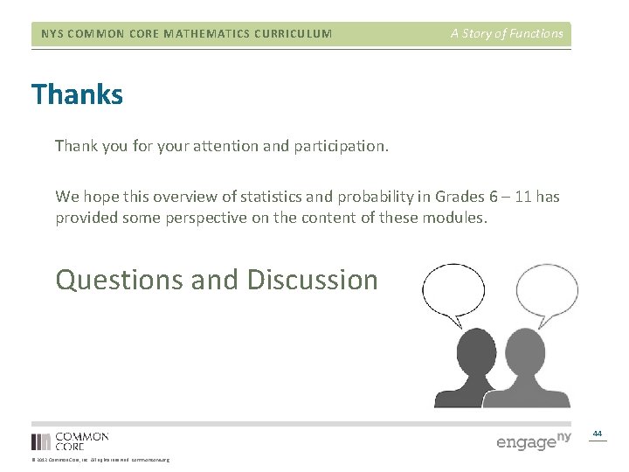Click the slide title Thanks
[x=77, y=94]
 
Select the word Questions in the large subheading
[x=120, y=280]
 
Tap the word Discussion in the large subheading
[x=312, y=280]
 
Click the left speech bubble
[x=454, y=291]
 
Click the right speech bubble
[x=546, y=291]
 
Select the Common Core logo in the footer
[x=70, y=441]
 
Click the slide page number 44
[x=598, y=434]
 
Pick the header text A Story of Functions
[x=507, y=34]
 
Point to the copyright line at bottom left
[x=100, y=460]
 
